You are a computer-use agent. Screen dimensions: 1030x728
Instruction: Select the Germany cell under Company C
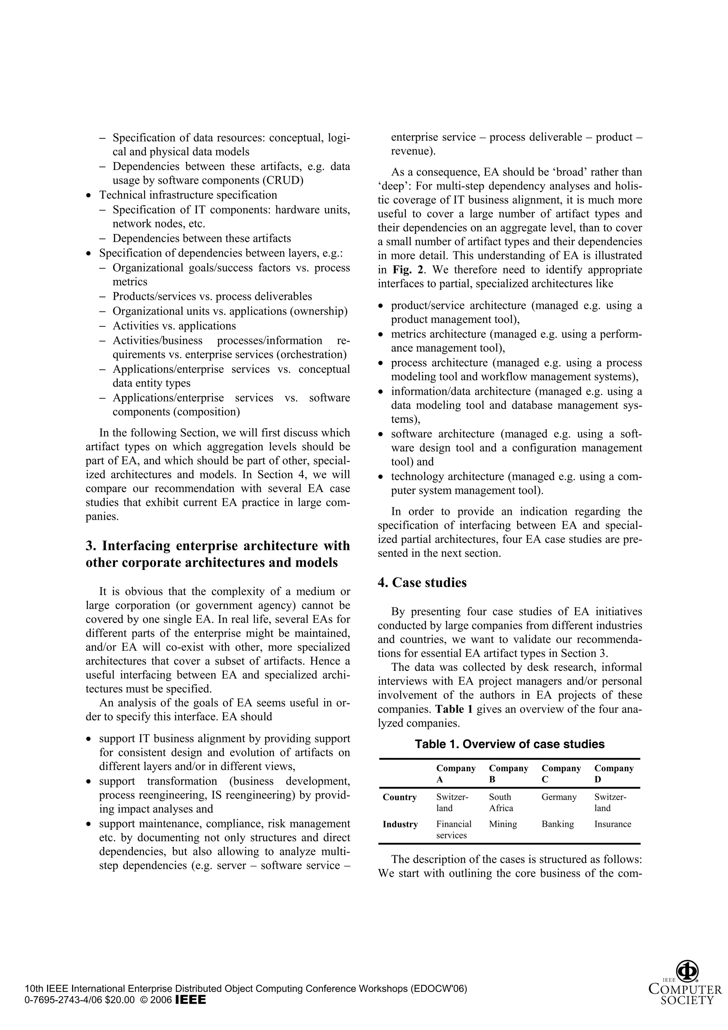click(x=558, y=797)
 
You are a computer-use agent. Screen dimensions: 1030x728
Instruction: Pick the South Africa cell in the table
click(x=500, y=802)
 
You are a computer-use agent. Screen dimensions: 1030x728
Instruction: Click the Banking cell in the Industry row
click(x=557, y=824)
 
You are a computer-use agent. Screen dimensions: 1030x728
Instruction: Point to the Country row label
click(x=399, y=797)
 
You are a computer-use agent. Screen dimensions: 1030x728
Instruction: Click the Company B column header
click(x=508, y=773)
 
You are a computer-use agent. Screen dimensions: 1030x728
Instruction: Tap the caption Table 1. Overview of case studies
click(x=509, y=744)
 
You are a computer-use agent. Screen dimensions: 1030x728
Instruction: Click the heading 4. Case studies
click(x=422, y=583)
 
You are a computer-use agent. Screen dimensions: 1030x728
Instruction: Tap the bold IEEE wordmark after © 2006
click(x=190, y=1000)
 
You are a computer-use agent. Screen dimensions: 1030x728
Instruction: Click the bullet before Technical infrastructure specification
click(x=89, y=196)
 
